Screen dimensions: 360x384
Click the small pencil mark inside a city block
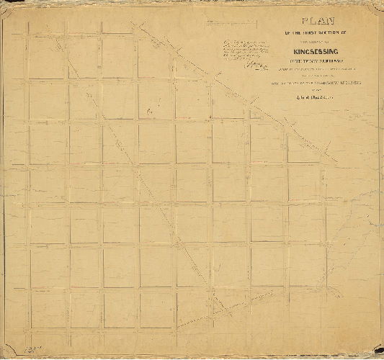(149, 111)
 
